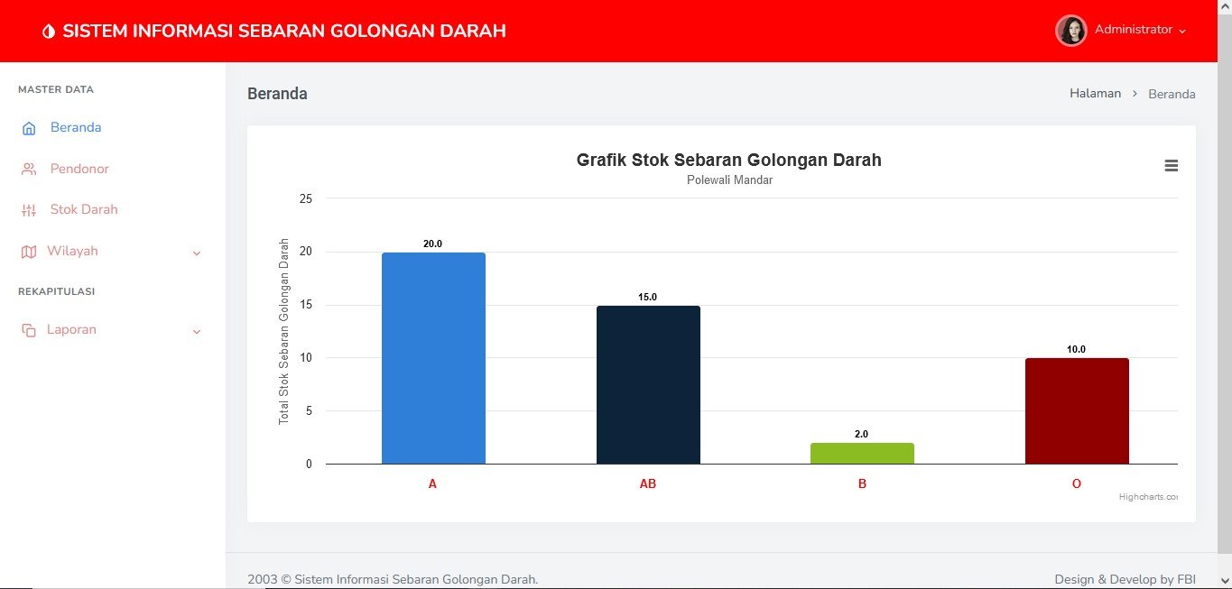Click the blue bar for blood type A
point(433,358)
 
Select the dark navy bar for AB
point(648,385)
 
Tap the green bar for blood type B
point(862,454)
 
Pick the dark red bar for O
point(1077,411)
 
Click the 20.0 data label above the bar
point(433,244)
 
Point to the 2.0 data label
point(862,434)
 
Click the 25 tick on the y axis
point(305,198)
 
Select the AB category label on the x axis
point(648,484)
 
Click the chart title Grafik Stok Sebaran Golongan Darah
point(728,161)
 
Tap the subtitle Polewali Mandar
point(729,180)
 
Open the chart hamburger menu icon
point(1172,165)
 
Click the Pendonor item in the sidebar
point(79,169)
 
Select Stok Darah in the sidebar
point(84,209)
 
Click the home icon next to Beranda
point(29,128)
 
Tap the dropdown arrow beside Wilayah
point(197,253)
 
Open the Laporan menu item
point(71,330)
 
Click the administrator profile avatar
point(1071,31)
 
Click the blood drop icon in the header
point(48,32)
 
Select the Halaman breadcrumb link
point(1095,94)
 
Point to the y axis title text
point(284,331)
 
